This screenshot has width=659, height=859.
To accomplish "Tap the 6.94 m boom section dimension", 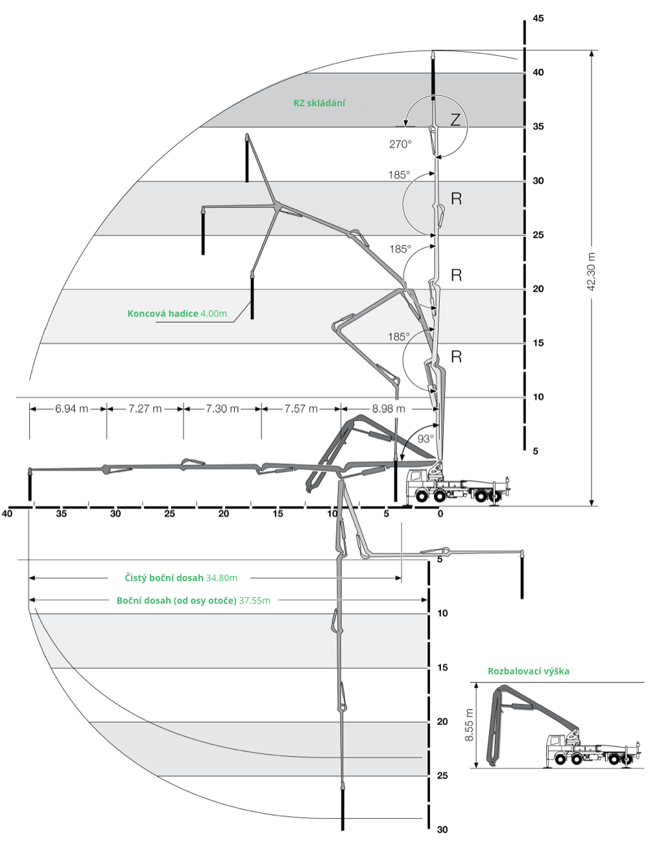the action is (71, 408).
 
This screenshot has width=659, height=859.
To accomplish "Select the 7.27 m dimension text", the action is (145, 408).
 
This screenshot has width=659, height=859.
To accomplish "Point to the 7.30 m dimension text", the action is (222, 408).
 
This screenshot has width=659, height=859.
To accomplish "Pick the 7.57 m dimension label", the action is (301, 408).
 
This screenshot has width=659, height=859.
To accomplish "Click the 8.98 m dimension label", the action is (389, 408).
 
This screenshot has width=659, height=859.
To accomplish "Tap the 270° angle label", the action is (400, 144).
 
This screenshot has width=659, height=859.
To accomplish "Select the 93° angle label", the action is (425, 439).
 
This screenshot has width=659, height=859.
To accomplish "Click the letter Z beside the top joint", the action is (455, 119).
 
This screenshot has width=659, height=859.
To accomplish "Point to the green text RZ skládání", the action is (319, 103).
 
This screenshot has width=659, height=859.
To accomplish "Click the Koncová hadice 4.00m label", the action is (177, 314).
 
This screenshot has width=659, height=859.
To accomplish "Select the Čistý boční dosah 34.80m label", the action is (181, 578).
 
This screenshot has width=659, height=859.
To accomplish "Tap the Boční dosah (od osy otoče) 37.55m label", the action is (193, 601).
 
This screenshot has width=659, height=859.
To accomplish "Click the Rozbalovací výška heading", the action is (529, 671).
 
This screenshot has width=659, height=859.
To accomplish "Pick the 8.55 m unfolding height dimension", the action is (470, 725).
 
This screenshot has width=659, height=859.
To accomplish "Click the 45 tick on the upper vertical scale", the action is (538, 18).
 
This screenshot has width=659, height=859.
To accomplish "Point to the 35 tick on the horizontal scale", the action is (62, 514).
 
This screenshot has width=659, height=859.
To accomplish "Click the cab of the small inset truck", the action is (556, 746).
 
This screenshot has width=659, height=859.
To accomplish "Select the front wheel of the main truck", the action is (422, 496).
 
